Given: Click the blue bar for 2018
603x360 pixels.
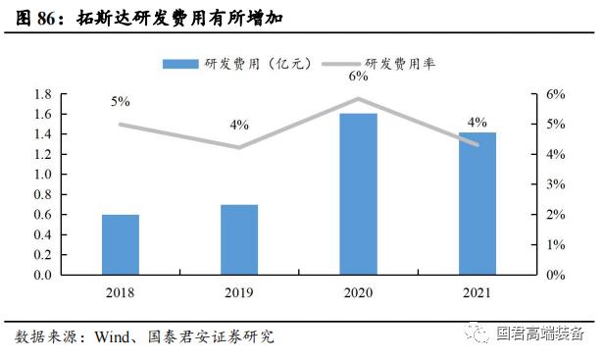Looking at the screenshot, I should click(120, 244).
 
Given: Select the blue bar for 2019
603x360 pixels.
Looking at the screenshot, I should click(239, 239).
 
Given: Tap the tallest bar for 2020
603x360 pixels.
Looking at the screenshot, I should click(359, 194).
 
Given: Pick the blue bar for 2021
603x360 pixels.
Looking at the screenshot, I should click(477, 203).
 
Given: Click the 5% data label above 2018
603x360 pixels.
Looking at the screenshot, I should click(120, 101).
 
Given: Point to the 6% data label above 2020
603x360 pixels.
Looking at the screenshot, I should click(359, 76).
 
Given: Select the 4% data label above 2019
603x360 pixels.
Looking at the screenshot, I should click(239, 126).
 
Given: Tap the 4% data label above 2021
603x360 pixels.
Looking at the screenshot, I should click(477, 123).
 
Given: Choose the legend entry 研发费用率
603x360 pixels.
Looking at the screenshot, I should click(387, 63).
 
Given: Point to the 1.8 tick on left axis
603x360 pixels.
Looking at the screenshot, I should click(42, 94).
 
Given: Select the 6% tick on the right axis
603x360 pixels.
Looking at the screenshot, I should click(554, 94).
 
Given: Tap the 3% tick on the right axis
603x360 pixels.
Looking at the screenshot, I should click(554, 184).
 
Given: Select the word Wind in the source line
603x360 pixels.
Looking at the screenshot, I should click(114, 337).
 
